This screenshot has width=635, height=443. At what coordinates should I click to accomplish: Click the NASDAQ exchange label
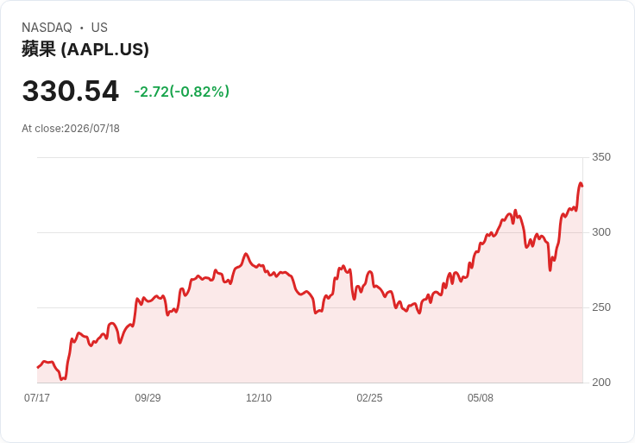tap(47, 28)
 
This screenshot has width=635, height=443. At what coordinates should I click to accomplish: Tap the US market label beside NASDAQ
tap(99, 28)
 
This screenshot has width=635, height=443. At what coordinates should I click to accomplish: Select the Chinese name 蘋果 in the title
tap(39, 49)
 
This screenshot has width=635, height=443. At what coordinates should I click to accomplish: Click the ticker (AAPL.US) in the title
tap(105, 49)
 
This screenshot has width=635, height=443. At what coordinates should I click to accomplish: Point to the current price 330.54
tap(71, 91)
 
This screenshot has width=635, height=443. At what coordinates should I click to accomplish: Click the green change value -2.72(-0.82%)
tap(182, 92)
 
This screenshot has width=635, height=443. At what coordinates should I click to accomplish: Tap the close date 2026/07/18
tap(92, 129)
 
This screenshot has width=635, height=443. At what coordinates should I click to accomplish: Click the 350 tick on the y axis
tap(601, 157)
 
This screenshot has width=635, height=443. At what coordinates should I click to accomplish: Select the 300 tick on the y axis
tap(601, 232)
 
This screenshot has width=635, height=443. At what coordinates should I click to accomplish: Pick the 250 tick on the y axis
tap(601, 307)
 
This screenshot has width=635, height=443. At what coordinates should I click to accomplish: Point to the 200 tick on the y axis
tap(601, 383)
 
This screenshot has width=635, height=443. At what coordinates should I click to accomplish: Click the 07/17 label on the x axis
tap(37, 398)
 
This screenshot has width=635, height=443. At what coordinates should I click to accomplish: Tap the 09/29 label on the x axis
tap(148, 398)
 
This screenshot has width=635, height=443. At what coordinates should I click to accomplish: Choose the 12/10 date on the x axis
tap(259, 398)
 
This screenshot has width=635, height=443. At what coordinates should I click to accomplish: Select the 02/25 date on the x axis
tap(369, 398)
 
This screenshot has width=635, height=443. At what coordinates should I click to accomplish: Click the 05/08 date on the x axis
tap(481, 398)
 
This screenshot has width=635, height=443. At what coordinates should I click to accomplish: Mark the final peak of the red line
tap(581, 183)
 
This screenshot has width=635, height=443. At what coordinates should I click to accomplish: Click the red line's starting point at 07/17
tap(38, 368)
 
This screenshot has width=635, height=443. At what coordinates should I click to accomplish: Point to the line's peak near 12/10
tap(245, 254)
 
